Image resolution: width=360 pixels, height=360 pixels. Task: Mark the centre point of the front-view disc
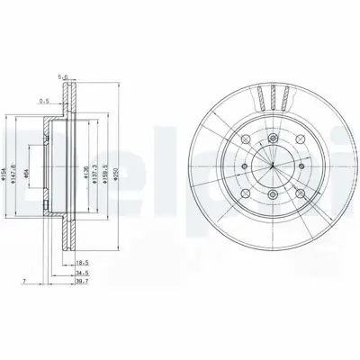tap(271, 166)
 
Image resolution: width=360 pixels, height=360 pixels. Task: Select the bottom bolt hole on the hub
tap(271, 196)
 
